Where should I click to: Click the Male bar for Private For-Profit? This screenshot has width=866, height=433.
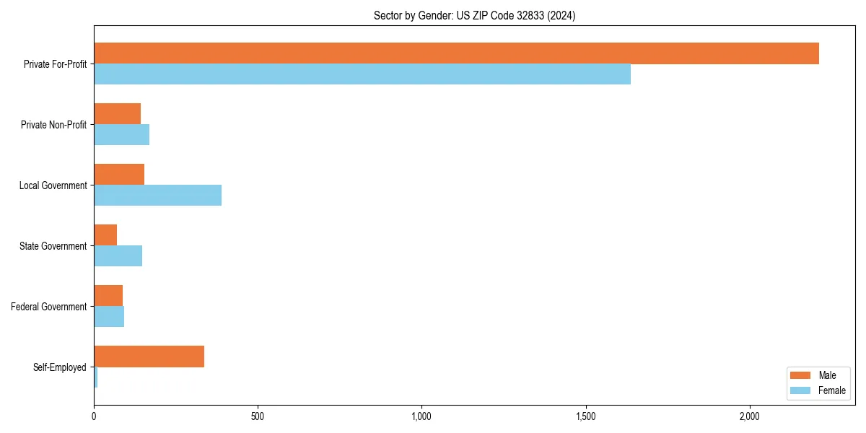[456, 53]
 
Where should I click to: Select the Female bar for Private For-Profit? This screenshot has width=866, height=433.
[362, 74]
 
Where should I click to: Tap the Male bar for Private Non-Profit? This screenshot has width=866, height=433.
[117, 114]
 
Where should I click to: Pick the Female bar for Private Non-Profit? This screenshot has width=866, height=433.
[121, 135]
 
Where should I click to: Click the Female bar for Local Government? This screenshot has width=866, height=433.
[157, 196]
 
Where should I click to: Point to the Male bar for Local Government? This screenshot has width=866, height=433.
[119, 175]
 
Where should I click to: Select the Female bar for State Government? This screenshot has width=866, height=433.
[118, 256]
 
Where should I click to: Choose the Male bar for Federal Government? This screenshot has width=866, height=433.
[108, 296]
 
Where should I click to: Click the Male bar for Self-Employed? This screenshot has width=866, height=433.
[149, 357]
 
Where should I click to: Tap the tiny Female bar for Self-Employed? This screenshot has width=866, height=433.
[95, 377]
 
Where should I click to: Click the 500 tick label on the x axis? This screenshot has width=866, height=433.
[258, 416]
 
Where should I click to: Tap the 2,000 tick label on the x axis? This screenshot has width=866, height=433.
[750, 416]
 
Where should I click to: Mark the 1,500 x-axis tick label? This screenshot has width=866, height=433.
[586, 416]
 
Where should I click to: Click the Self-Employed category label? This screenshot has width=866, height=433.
[60, 367]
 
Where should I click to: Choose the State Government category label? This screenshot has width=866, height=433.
[53, 246]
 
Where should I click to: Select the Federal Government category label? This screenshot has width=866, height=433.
[49, 307]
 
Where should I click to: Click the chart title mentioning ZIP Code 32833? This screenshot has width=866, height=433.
[474, 15]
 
